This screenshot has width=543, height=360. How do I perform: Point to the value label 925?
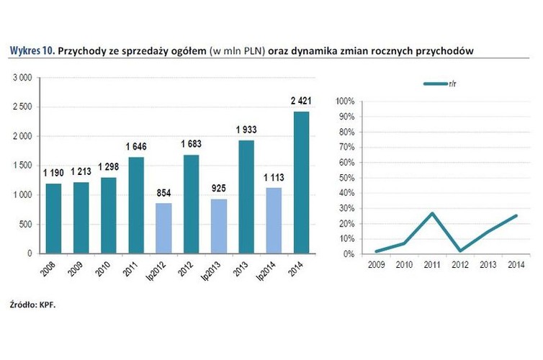click(x=219, y=189)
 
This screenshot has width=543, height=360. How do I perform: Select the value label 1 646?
click(x=135, y=148)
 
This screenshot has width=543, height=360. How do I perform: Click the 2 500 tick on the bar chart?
click(x=22, y=107)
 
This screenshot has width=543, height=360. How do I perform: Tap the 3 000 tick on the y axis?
click(x=22, y=77)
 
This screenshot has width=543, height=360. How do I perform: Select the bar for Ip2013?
click(x=219, y=226)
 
